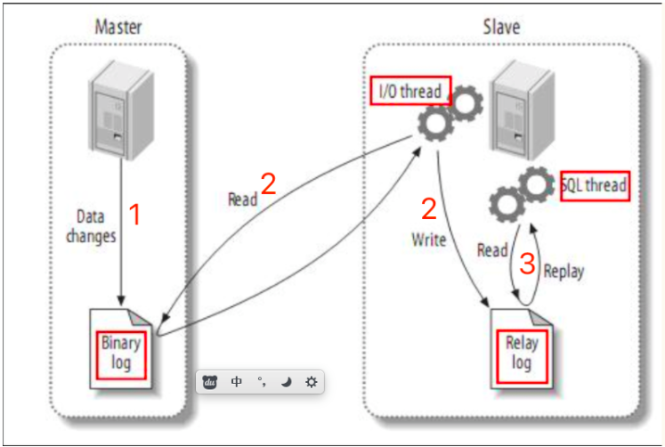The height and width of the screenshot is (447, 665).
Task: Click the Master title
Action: pyautogui.click(x=118, y=27)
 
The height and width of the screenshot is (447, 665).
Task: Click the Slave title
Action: pyautogui.click(x=501, y=27)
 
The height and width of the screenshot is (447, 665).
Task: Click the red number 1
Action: pyautogui.click(x=135, y=214)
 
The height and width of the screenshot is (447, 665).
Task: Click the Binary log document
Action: pyautogui.click(x=122, y=348)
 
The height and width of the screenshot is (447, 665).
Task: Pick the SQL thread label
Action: pyautogui.click(x=595, y=185)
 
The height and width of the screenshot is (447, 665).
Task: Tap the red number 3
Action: pyautogui.click(x=528, y=263)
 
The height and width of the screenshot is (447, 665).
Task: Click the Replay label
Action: pyautogui.click(x=564, y=271)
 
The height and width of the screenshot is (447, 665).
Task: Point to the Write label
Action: pyautogui.click(x=428, y=240)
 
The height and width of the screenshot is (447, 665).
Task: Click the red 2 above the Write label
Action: pyautogui.click(x=428, y=209)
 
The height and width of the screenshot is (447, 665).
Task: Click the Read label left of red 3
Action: pyautogui.click(x=492, y=251)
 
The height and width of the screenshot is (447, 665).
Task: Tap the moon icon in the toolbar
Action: pyautogui.click(x=287, y=382)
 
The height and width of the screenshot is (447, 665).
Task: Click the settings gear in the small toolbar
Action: pyautogui.click(x=311, y=382)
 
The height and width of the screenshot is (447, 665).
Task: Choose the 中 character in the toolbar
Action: pyautogui.click(x=237, y=382)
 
